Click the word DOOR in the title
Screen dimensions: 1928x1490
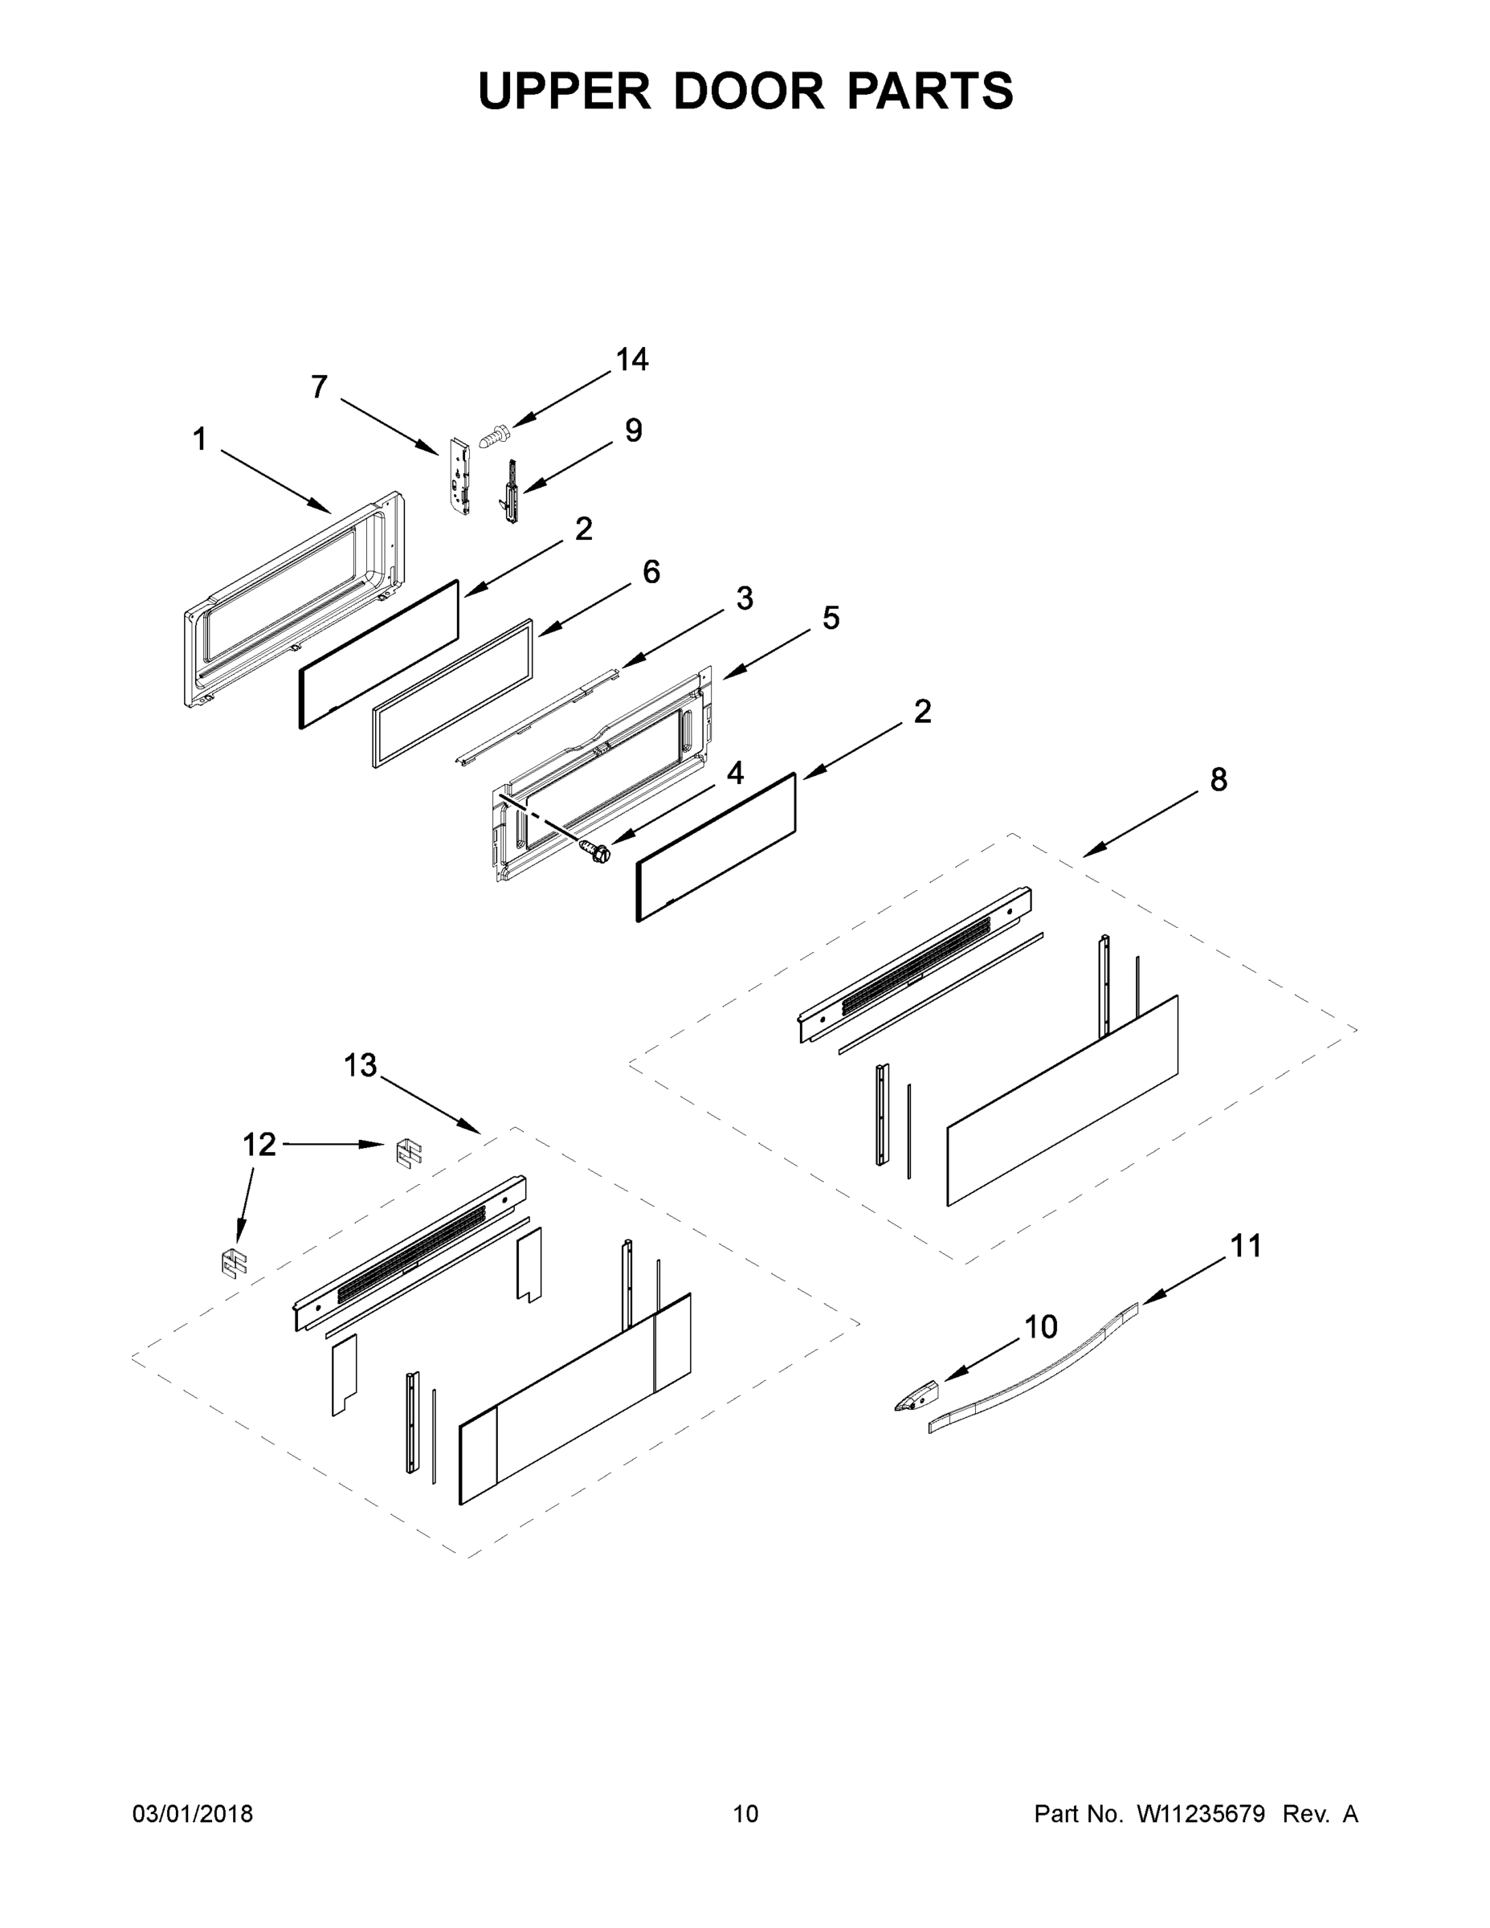pyautogui.click(x=749, y=91)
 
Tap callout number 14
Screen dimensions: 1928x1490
pyautogui.click(x=631, y=359)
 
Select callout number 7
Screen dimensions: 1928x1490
pyautogui.click(x=319, y=386)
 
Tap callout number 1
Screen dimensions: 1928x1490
pyautogui.click(x=200, y=439)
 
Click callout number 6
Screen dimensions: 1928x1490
pyautogui.click(x=651, y=572)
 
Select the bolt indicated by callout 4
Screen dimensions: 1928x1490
pyautogui.click(x=596, y=852)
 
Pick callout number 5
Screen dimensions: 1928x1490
pyautogui.click(x=831, y=618)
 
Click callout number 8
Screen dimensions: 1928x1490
pyautogui.click(x=1219, y=779)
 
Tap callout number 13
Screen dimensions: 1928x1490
pyautogui.click(x=360, y=1065)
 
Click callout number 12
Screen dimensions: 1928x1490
pyautogui.click(x=259, y=1144)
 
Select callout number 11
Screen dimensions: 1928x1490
pyautogui.click(x=1246, y=1246)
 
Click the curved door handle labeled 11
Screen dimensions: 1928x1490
pyautogui.click(x=1033, y=1374)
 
